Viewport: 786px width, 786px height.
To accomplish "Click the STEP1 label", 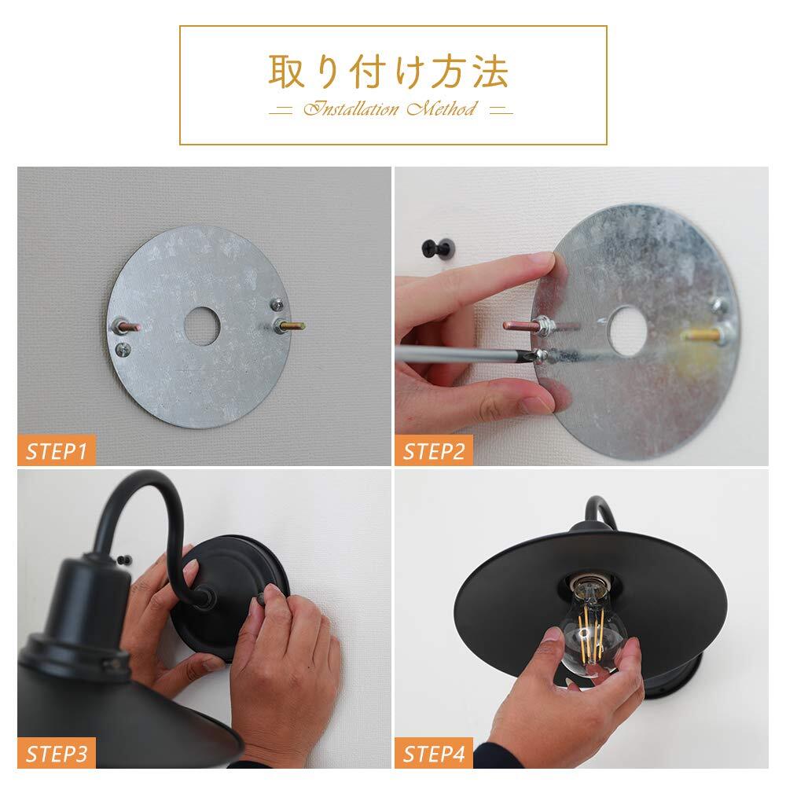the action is click(56, 451).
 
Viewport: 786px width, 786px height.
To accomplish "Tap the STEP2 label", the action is click(434, 451).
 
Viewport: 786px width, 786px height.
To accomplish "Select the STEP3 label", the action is click(56, 754).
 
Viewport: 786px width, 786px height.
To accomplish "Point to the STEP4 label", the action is click(434, 754).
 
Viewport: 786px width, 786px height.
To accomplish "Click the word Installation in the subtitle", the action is click(351, 108).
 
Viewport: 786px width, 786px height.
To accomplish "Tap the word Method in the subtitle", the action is click(441, 108).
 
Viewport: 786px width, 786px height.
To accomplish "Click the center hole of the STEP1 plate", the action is click(202, 326).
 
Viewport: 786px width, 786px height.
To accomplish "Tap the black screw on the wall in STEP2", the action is click(439, 248).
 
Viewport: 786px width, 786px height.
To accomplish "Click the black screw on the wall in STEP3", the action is click(124, 560).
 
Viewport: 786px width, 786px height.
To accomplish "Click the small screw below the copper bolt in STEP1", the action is click(123, 350).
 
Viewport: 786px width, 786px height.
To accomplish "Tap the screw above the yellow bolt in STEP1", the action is click(276, 304).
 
